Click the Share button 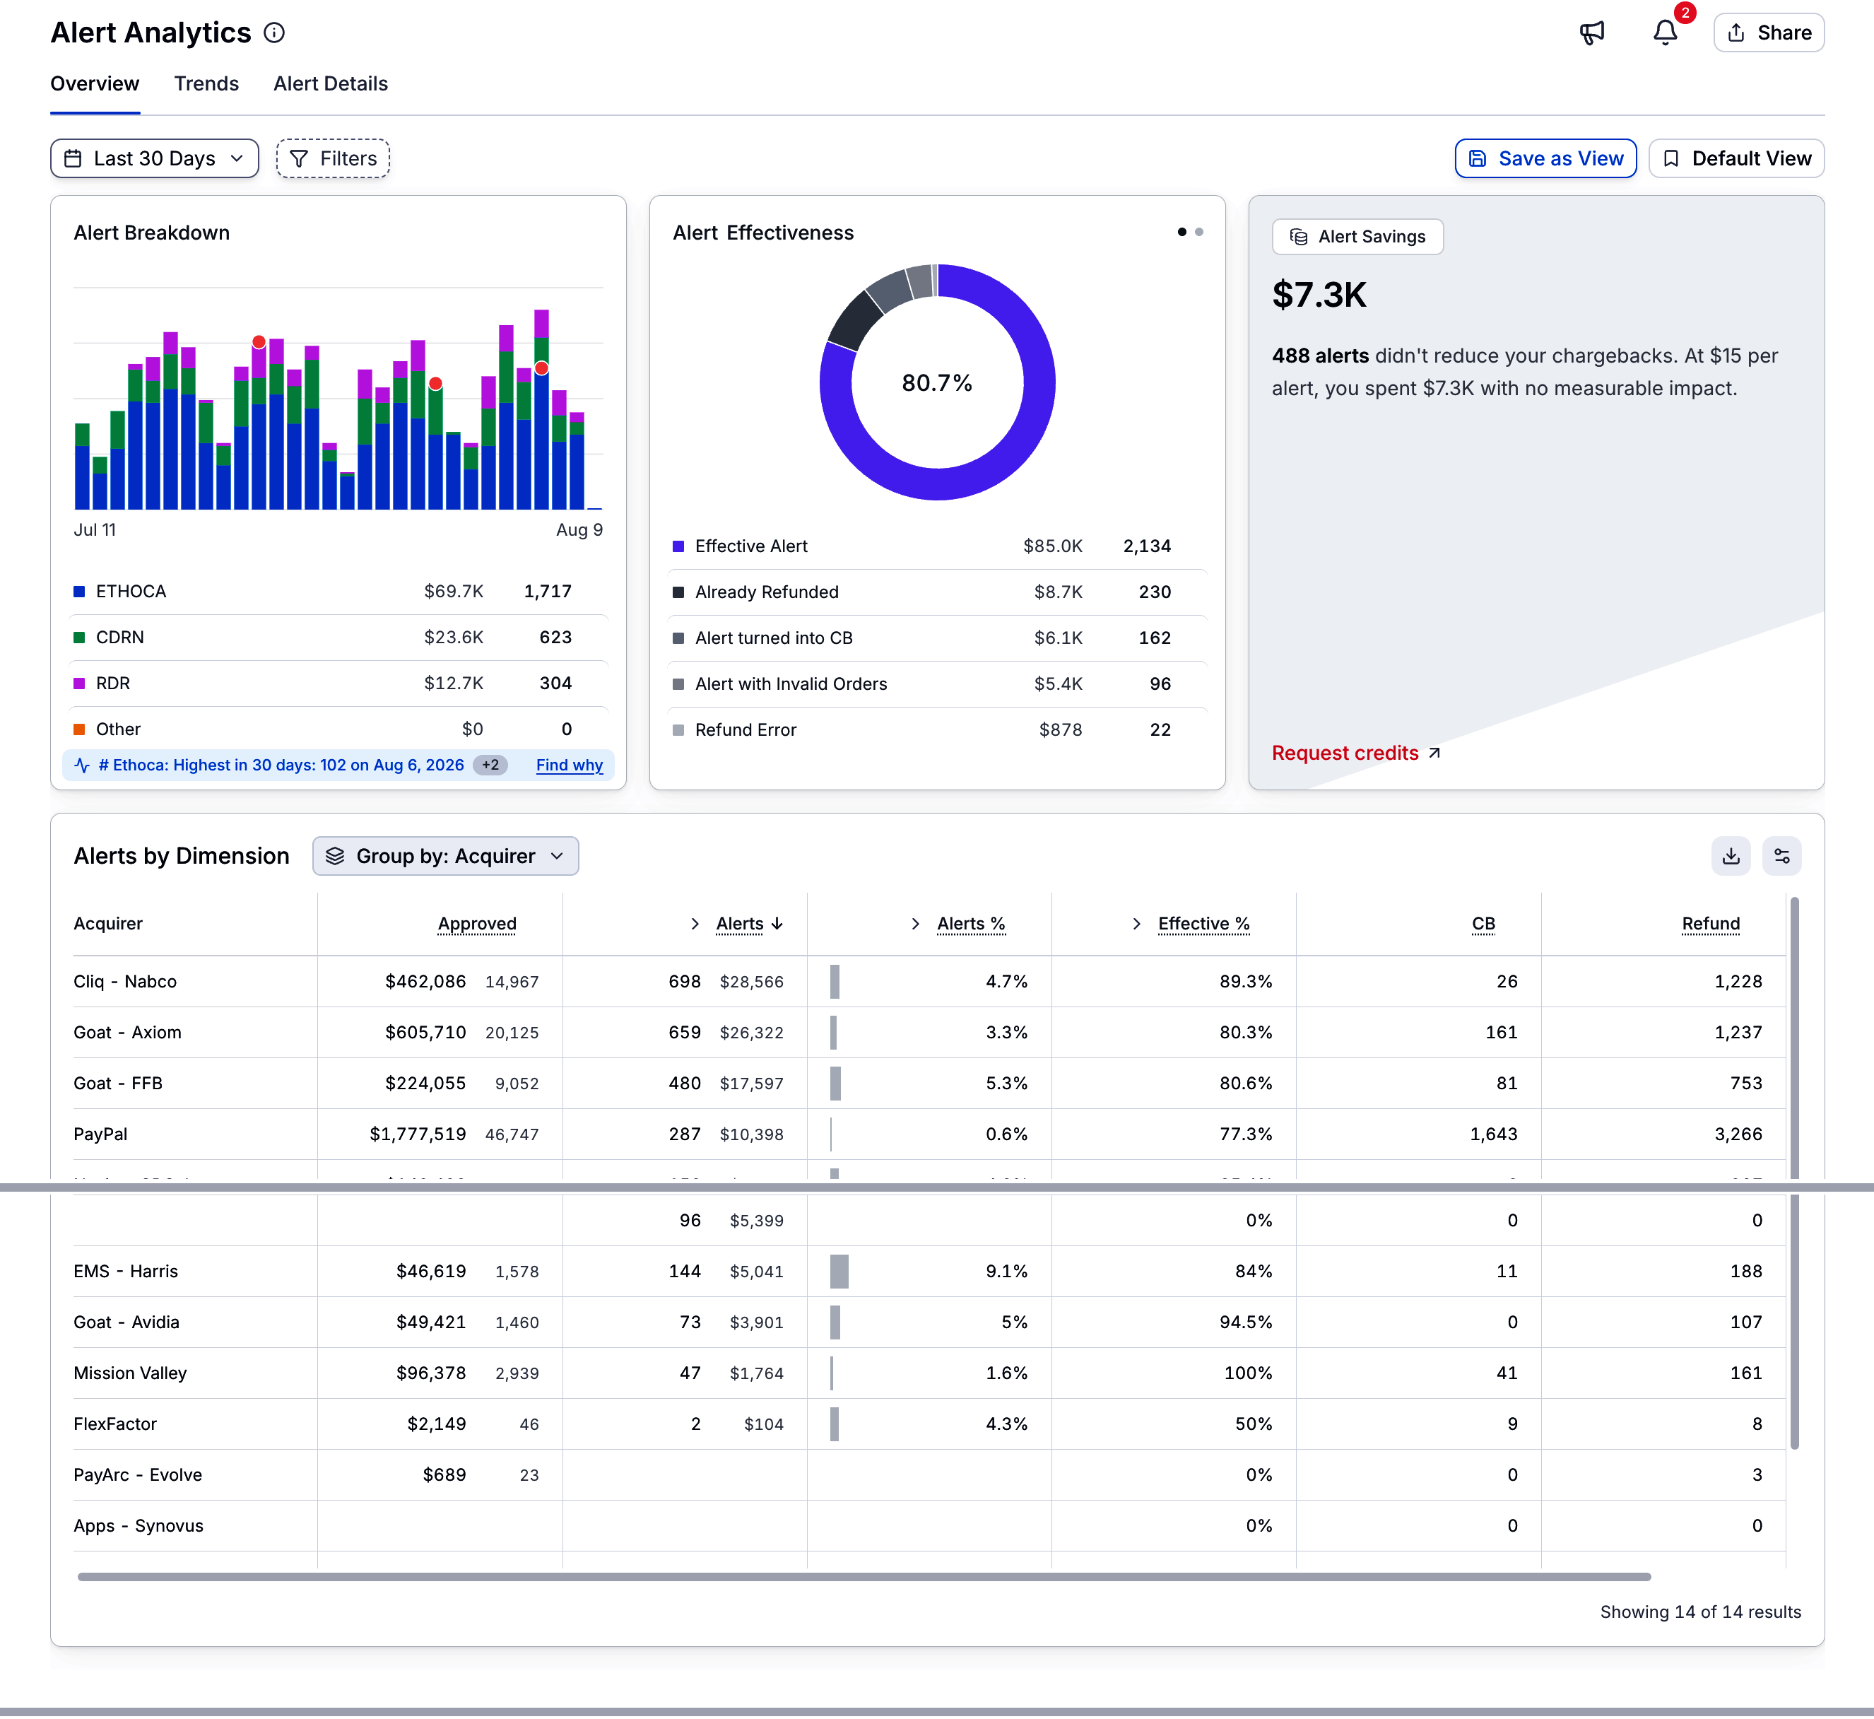tap(1768, 33)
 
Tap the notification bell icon tap(1665, 33)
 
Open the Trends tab tap(206, 83)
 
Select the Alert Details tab tap(330, 83)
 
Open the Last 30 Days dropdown tap(154, 158)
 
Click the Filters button tap(333, 158)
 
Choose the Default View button tap(1736, 158)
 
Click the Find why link tap(569, 765)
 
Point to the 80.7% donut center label tap(936, 382)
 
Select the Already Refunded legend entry tap(766, 592)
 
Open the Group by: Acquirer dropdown tap(445, 856)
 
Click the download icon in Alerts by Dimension tap(1730, 856)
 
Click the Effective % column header tap(1203, 924)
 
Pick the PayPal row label tap(100, 1134)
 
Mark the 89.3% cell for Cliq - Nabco tap(1245, 981)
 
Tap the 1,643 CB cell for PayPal tap(1494, 1134)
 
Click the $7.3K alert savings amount tap(1319, 295)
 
